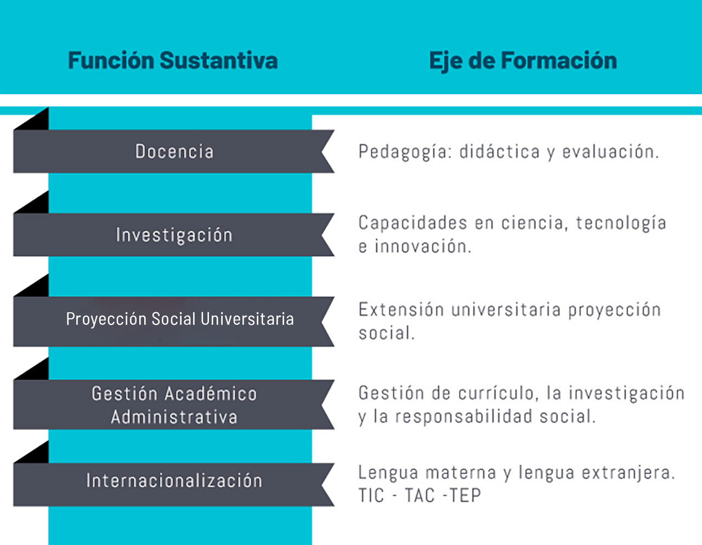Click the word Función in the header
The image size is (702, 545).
(111, 60)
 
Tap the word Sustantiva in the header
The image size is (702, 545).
(219, 60)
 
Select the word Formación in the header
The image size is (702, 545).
(559, 61)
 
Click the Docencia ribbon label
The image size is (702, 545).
(174, 152)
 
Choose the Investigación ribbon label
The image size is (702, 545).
(174, 235)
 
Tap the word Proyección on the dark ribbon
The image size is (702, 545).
(106, 319)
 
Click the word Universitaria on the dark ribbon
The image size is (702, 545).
(247, 319)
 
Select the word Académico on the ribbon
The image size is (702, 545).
(211, 393)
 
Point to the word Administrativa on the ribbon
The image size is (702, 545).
(174, 417)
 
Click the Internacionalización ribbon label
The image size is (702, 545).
(174, 480)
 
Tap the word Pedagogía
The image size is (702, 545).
(405, 152)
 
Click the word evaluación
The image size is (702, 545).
(610, 152)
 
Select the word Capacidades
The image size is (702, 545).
(413, 223)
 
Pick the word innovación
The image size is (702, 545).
(423, 246)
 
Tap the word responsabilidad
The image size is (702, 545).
(464, 417)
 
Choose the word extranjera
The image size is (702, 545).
(629, 473)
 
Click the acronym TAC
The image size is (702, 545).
(420, 496)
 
